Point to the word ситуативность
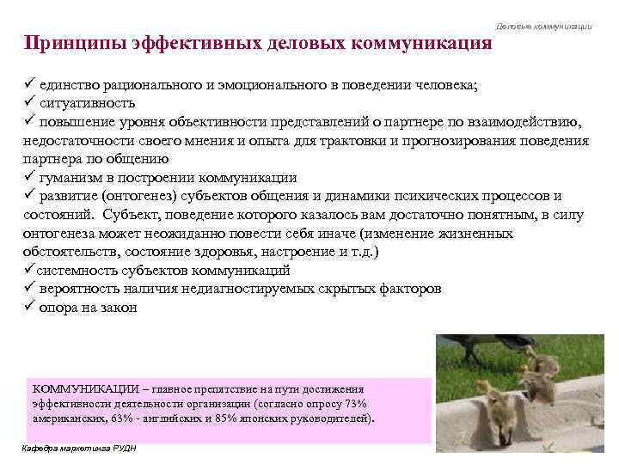click(87, 102)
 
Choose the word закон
click(117, 307)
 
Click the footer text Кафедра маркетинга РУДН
click(77, 449)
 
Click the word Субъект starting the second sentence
click(125, 214)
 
